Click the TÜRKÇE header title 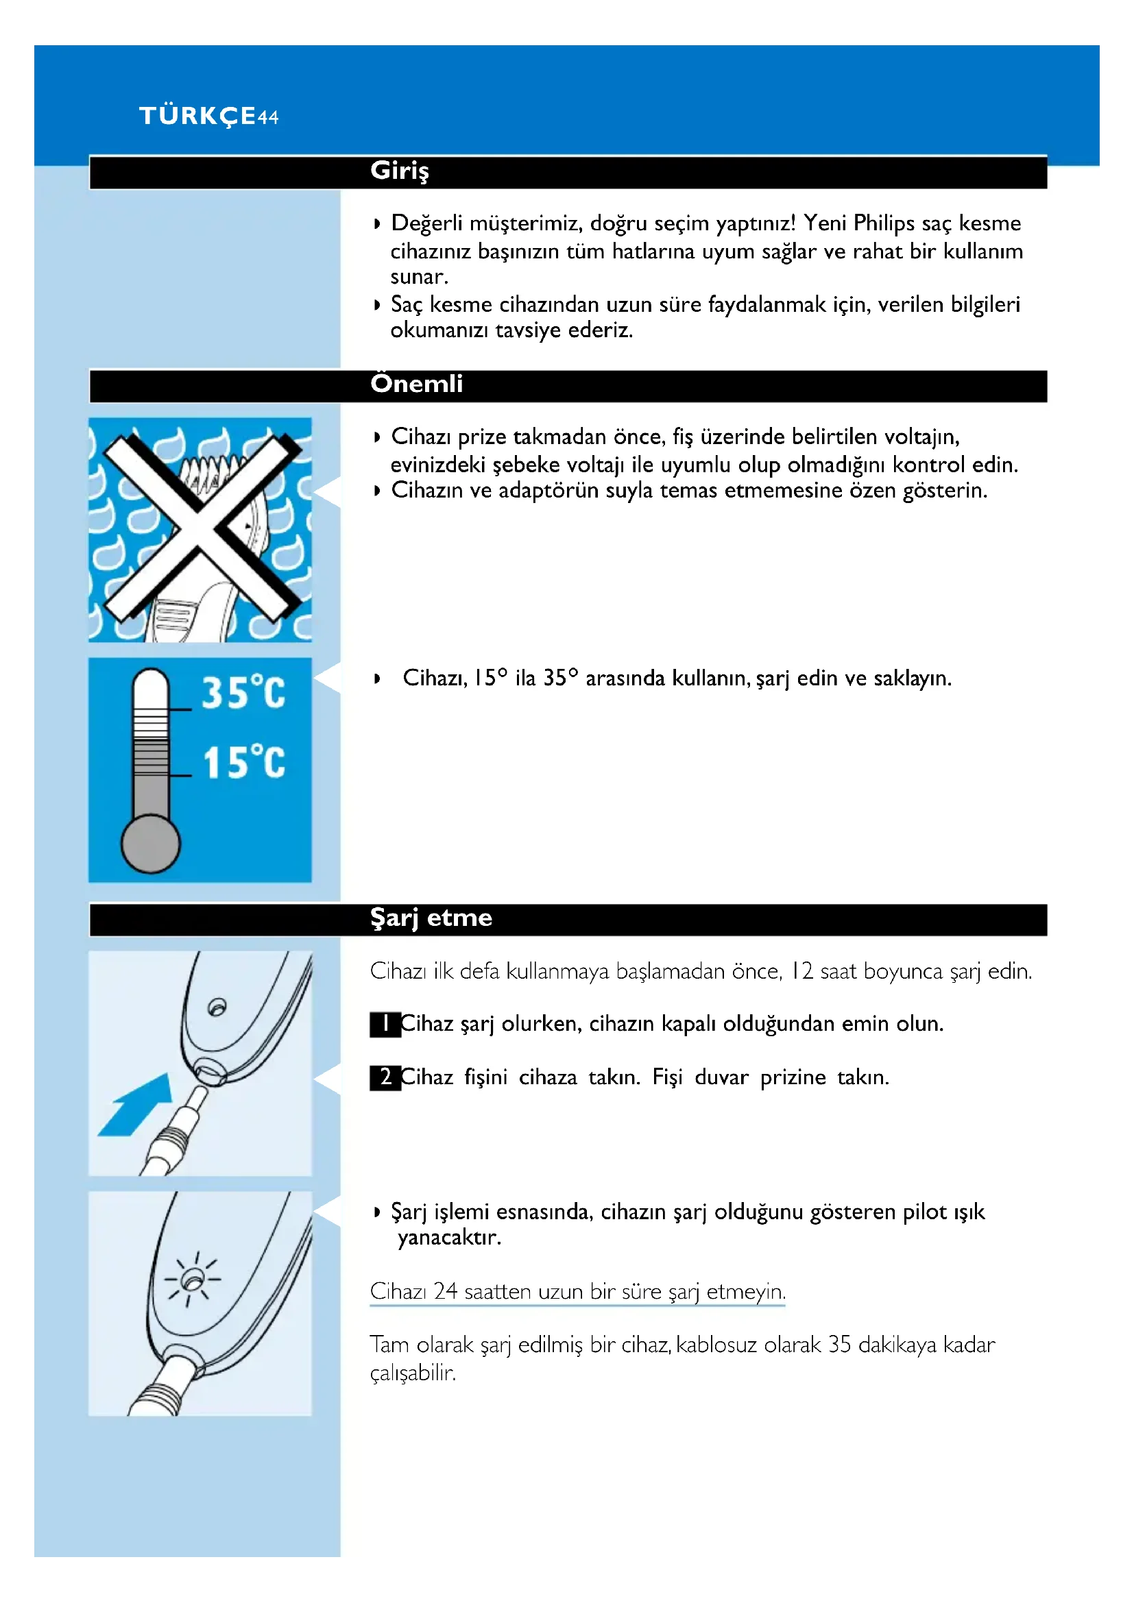(x=197, y=116)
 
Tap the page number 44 (x=268, y=117)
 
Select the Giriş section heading (x=400, y=171)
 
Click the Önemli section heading (x=416, y=384)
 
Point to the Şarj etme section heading (x=431, y=918)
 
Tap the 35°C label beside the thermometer (x=243, y=693)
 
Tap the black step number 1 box (x=385, y=1024)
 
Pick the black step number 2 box (x=385, y=1078)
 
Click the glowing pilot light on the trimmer (x=191, y=1280)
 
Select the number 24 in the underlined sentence (x=445, y=1292)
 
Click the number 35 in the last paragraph (x=839, y=1345)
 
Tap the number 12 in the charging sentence (x=801, y=971)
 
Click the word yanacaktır (x=449, y=1238)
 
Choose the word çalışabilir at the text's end (x=412, y=1373)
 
